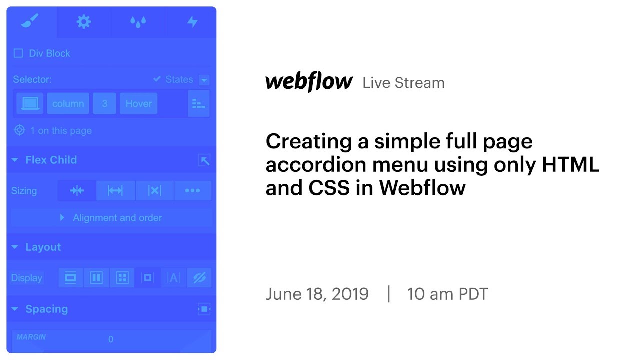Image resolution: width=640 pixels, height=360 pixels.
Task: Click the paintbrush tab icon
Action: [x=30, y=21]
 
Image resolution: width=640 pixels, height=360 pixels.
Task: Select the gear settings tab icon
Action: [x=84, y=22]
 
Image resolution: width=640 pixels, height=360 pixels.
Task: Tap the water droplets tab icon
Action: [x=138, y=22]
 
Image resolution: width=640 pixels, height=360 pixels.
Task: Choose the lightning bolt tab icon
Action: [x=192, y=22]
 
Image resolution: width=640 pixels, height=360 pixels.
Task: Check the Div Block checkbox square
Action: [x=18, y=53]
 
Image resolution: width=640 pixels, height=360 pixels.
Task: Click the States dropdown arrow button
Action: [x=204, y=80]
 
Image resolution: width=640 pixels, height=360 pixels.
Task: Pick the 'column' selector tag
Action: [x=68, y=104]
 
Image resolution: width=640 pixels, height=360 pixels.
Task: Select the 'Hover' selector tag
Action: [x=138, y=104]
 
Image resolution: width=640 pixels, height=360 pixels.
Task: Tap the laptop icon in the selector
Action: [x=30, y=104]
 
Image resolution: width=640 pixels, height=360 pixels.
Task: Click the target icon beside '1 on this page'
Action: [x=19, y=131]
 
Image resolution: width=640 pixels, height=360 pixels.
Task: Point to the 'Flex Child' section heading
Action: [x=51, y=160]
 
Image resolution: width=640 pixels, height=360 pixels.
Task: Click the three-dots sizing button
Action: [x=192, y=191]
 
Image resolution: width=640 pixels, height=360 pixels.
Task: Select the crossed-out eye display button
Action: [x=199, y=278]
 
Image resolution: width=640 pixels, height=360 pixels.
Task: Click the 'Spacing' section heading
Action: [x=46, y=309]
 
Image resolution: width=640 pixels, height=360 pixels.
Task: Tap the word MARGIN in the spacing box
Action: [x=31, y=337]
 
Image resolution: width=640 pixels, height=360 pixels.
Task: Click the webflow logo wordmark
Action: [x=309, y=82]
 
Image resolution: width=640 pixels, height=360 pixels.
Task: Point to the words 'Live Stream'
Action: [x=403, y=83]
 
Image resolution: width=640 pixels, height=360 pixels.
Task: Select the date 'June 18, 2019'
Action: [x=317, y=294]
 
